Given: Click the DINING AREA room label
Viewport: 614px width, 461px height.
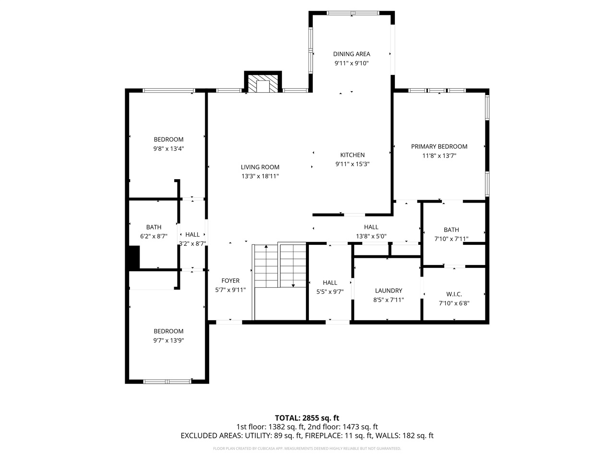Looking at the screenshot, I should [352, 54].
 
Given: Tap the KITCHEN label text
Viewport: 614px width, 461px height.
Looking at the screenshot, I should [352, 155].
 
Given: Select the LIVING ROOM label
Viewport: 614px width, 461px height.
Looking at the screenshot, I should [260, 167].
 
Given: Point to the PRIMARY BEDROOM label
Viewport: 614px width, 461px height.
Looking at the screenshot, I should [439, 146].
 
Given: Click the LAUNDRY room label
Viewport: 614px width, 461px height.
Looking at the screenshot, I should [388, 291].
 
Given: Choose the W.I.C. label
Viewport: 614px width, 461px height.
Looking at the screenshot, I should [453, 294].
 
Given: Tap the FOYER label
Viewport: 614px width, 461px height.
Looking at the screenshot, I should [230, 281].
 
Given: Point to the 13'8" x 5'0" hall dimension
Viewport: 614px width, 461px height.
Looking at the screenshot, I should [371, 236].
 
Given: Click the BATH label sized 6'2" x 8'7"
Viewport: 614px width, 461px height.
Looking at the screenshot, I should [153, 227].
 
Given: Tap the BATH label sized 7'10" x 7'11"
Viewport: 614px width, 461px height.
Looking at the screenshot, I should [451, 230].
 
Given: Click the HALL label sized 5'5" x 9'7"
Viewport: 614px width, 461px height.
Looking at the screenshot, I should [330, 283].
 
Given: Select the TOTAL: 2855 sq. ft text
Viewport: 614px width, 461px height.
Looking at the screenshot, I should [307, 418].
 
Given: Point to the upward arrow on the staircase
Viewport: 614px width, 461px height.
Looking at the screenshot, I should [266, 249].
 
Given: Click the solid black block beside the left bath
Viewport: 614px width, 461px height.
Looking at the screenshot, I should [133, 257].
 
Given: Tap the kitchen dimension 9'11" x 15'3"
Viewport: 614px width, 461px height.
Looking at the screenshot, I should [352, 164].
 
